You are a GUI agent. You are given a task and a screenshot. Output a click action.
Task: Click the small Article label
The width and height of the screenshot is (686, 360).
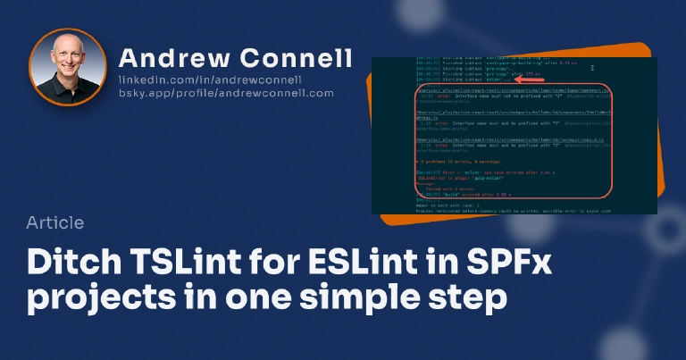point(55,222)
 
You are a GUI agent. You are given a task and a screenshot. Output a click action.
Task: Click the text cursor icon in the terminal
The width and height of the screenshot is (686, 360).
point(592,67)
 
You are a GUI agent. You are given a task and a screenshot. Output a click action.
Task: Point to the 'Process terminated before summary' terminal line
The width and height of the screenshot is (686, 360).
point(509,211)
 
